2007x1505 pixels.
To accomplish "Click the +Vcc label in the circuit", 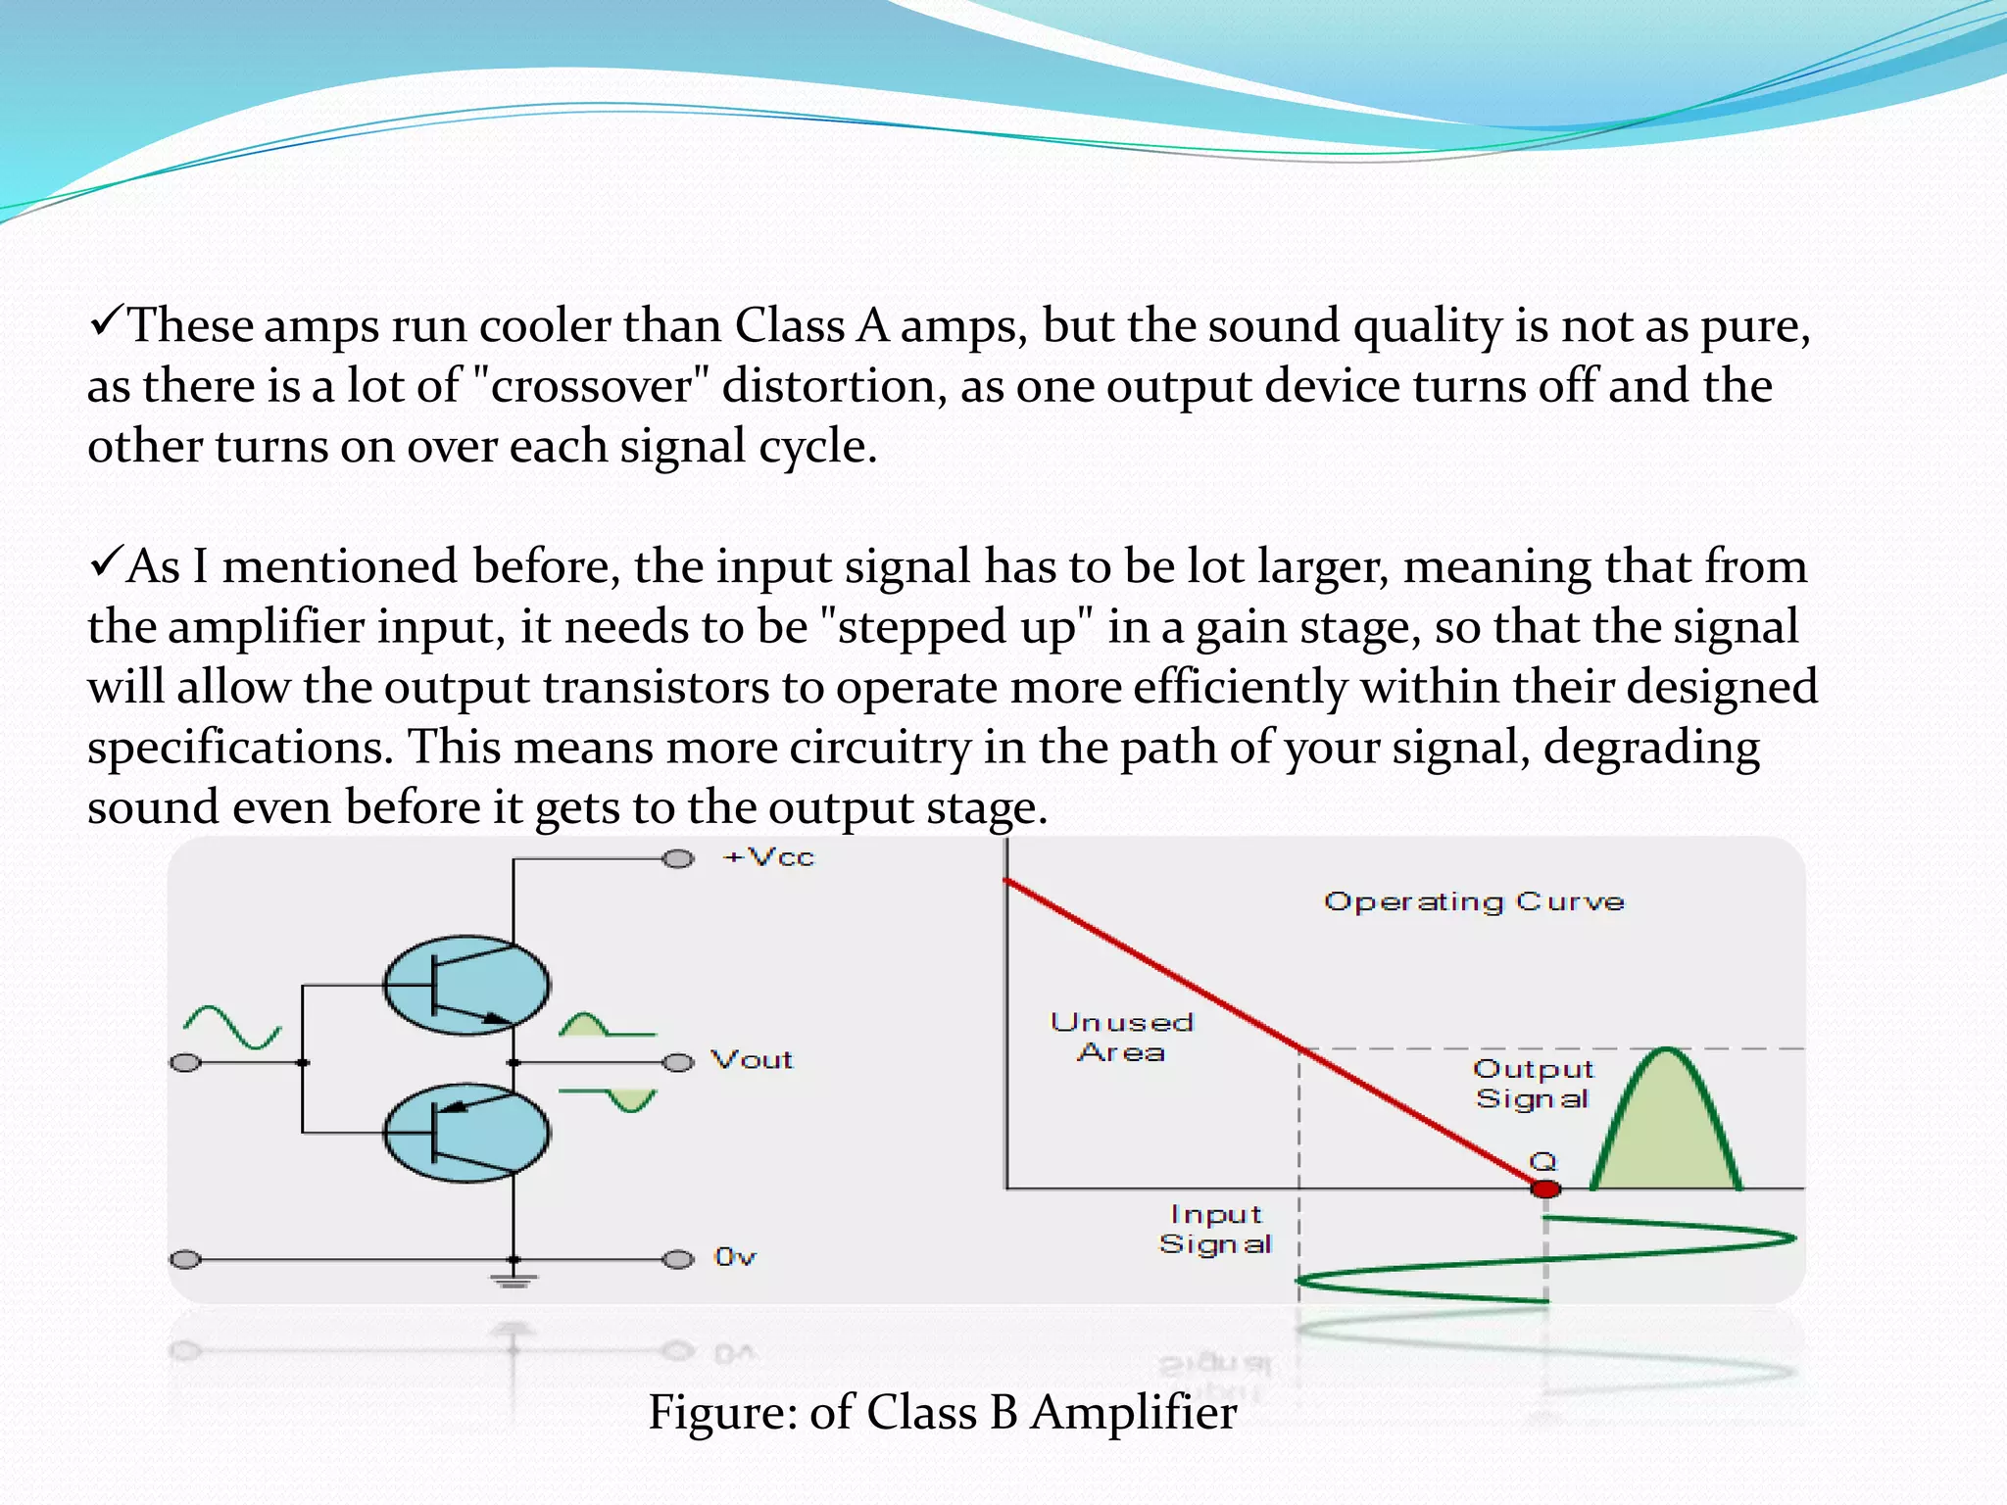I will [768, 857].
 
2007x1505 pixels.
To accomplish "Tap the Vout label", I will [752, 1060].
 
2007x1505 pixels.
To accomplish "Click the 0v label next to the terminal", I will [735, 1257].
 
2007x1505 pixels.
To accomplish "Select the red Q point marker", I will [1545, 1189].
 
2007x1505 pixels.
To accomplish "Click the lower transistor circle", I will [466, 1133].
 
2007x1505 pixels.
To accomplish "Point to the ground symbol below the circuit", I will [514, 1280].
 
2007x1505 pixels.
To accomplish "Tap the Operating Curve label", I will [1474, 901].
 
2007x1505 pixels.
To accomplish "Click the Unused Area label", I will [1122, 1038].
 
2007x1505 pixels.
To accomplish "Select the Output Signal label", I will [1533, 1084].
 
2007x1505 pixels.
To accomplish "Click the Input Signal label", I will [1215, 1229].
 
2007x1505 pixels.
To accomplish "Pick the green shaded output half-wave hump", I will [1666, 1137].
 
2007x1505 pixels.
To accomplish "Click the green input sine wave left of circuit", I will [232, 1028].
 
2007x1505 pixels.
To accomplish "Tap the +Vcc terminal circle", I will [678, 859].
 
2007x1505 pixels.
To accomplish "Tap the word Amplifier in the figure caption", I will [1133, 1413].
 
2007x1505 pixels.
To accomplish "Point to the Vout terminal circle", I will [678, 1063].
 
